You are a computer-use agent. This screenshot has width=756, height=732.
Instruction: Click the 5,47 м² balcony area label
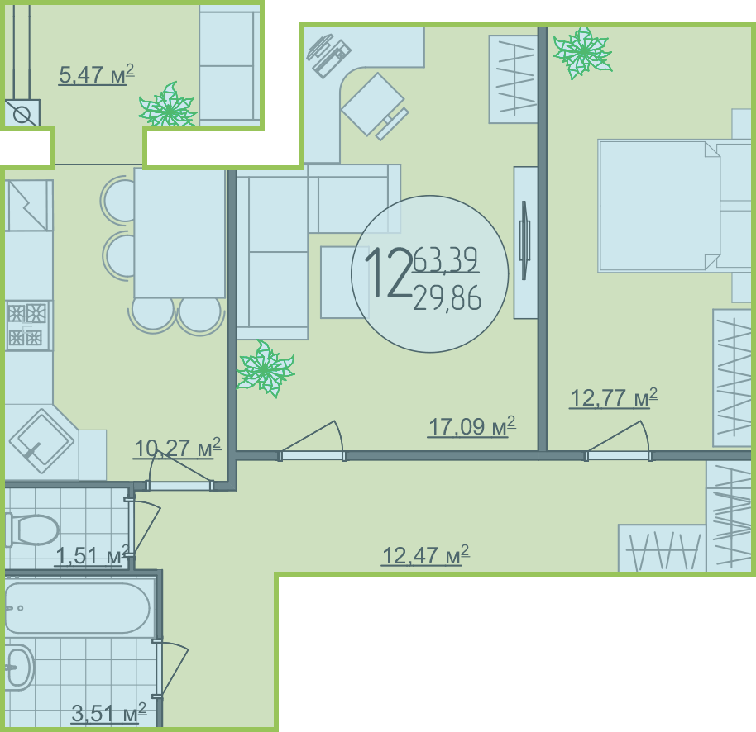(96, 74)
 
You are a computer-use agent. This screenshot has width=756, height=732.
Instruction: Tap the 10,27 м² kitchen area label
(177, 448)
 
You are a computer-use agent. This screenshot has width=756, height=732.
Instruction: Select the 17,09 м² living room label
(471, 426)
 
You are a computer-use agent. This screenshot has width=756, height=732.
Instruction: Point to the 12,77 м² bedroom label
(613, 397)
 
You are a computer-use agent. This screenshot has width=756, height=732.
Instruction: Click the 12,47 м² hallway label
(425, 555)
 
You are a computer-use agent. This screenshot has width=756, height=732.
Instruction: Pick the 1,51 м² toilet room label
(92, 556)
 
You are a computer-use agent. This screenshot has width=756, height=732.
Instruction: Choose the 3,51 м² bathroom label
(108, 713)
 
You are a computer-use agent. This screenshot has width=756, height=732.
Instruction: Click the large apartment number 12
(388, 273)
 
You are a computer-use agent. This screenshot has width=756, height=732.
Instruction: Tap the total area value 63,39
(446, 259)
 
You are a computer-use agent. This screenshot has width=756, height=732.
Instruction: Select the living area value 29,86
(447, 297)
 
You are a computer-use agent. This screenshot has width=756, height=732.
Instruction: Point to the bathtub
(77, 608)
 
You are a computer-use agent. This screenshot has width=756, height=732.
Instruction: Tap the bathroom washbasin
(18, 667)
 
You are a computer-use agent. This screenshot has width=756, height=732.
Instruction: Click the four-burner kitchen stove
(27, 326)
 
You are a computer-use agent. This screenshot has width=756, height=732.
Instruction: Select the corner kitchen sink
(41, 440)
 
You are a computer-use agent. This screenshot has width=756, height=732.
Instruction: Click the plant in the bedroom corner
(583, 53)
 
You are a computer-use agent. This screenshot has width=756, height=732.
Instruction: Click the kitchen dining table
(179, 233)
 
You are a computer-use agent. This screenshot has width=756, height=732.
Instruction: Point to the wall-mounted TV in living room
(524, 240)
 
